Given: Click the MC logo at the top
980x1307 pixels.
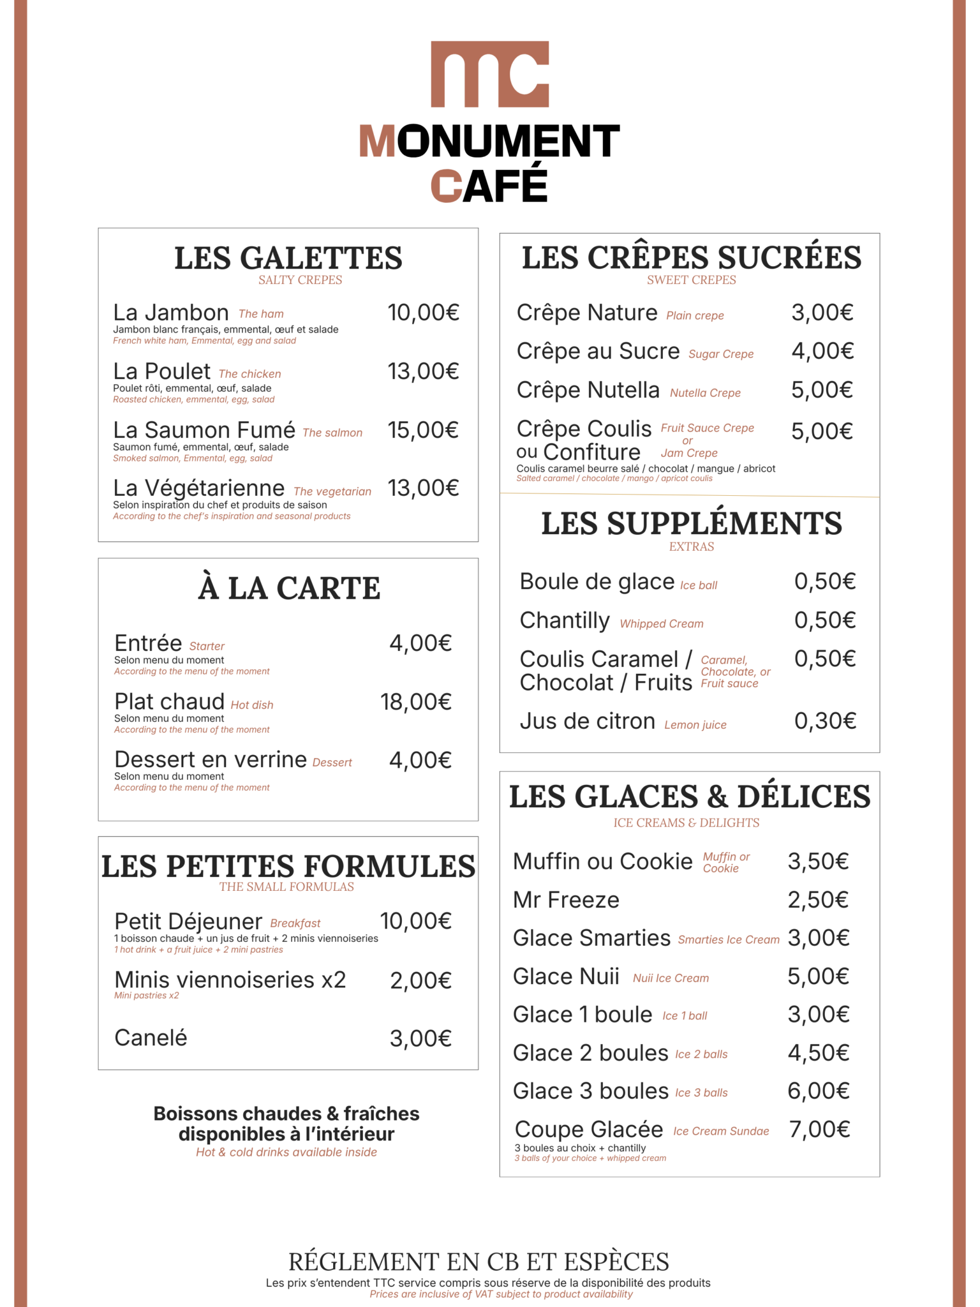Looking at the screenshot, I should tap(489, 74).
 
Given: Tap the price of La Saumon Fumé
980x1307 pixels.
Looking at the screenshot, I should tap(423, 430).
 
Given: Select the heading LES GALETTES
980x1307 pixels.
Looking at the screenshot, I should tap(288, 258).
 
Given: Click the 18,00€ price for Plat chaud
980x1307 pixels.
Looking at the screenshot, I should tap(416, 702).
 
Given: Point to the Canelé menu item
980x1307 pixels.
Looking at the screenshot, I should tap(151, 1038).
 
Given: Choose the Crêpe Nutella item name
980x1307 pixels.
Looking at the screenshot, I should tap(588, 390).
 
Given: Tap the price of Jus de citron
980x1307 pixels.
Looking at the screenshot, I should tap(824, 721).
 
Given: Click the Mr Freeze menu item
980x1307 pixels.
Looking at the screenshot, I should tap(566, 900).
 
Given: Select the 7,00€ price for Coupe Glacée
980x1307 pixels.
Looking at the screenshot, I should tap(819, 1130).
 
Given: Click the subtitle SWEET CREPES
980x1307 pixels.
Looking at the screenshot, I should tap(691, 280).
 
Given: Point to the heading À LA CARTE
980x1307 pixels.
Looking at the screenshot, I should tap(288, 588).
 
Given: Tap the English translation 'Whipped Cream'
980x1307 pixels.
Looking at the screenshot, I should tap(661, 624).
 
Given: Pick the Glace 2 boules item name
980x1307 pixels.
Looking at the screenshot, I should tap(590, 1053).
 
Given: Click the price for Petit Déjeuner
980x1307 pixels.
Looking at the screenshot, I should tap(415, 921).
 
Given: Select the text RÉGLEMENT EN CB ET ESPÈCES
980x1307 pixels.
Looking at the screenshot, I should tap(479, 1262).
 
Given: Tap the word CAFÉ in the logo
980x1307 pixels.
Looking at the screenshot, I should tap(489, 186).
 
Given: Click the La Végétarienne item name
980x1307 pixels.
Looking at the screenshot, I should tap(198, 488).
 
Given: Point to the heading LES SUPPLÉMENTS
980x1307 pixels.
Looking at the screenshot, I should tap(691, 523).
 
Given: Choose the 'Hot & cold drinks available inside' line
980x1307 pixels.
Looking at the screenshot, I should tap(286, 1152).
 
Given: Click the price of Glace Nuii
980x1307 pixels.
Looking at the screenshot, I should tap(818, 976).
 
